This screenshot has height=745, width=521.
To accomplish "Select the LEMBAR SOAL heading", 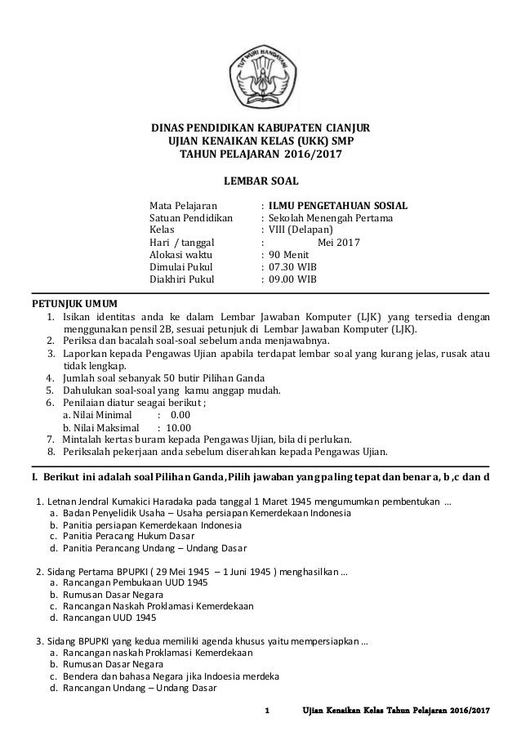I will click(260, 180).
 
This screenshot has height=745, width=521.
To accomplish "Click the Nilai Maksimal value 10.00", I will click(179, 426).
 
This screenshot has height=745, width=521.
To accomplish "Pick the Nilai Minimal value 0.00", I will click(191, 413).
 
